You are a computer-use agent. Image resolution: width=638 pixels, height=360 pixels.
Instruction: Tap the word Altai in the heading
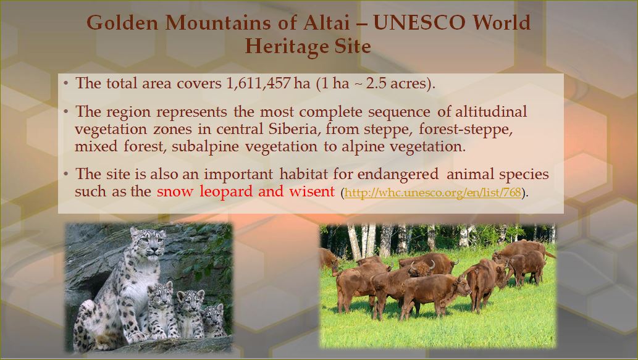click(x=326, y=23)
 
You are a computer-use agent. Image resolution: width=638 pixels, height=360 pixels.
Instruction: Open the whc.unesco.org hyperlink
click(x=432, y=193)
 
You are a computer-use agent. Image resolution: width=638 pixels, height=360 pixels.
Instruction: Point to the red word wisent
click(x=312, y=191)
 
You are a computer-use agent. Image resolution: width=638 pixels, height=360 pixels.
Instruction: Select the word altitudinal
click(x=491, y=111)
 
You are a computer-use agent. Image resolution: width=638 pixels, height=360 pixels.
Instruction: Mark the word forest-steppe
click(x=466, y=130)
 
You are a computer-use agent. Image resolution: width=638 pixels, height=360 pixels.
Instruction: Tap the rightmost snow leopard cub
click(x=214, y=320)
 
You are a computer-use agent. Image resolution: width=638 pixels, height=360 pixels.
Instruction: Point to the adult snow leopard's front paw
click(x=136, y=337)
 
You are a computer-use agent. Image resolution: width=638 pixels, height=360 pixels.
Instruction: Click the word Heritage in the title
click(x=287, y=46)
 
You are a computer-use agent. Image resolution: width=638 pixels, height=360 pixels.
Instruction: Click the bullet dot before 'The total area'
click(x=66, y=83)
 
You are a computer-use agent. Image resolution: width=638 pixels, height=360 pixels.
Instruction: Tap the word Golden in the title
click(x=122, y=23)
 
